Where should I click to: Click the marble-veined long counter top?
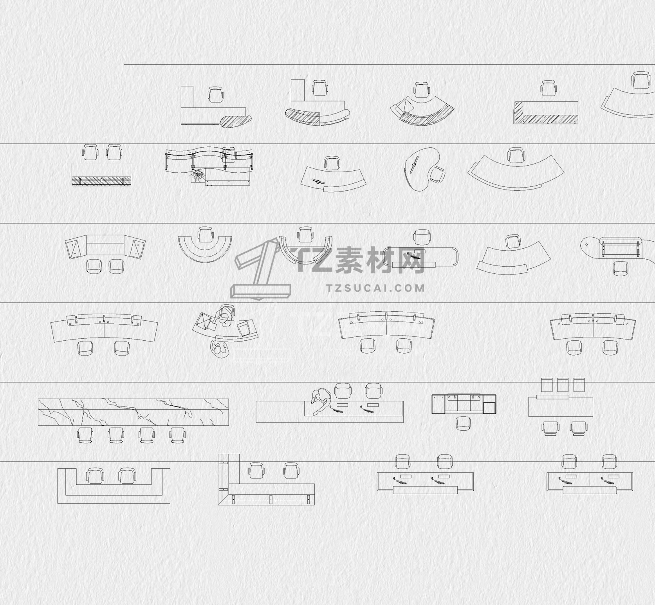(133, 412)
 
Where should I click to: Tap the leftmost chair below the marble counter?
(85, 435)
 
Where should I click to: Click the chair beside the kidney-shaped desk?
(438, 175)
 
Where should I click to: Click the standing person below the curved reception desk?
(219, 349)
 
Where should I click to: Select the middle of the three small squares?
(563, 385)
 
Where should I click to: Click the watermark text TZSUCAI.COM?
(375, 288)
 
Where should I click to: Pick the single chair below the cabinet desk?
(463, 423)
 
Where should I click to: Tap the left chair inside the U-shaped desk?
(94, 476)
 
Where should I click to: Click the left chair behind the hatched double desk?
(90, 152)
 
